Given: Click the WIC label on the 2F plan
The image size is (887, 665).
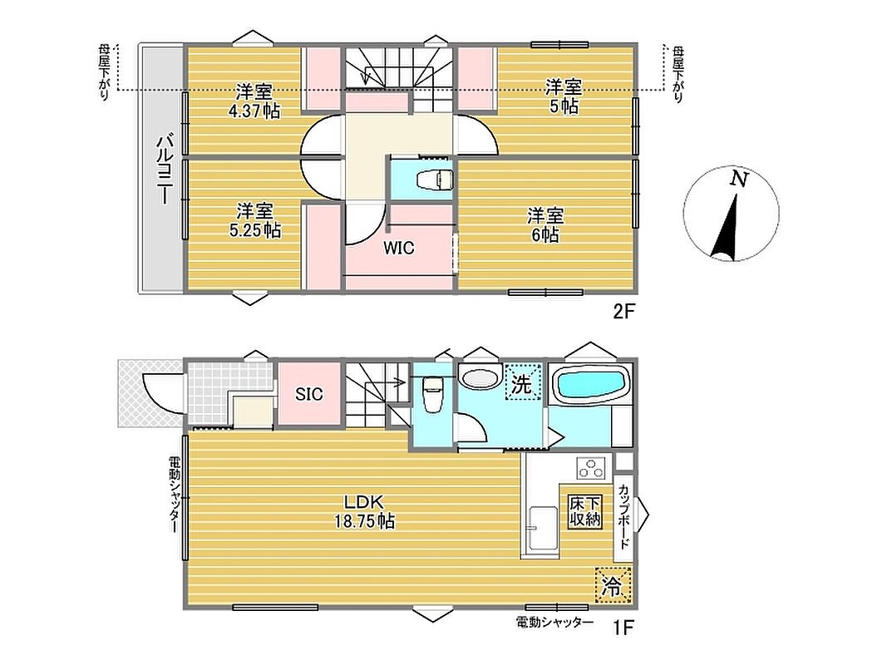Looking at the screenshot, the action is click(x=399, y=248).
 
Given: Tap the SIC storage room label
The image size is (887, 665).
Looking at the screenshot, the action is click(x=309, y=393).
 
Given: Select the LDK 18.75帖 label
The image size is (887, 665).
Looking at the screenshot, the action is click(x=364, y=511).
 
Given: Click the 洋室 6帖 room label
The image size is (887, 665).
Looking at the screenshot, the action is click(x=546, y=224).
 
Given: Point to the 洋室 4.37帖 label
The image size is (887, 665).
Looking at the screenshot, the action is click(x=254, y=101).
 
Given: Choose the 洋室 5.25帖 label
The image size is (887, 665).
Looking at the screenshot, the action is click(x=256, y=220).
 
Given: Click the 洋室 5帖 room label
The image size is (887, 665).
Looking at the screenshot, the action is click(x=564, y=96).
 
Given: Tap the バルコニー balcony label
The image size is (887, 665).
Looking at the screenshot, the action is click(x=164, y=169).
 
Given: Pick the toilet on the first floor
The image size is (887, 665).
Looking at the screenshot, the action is click(x=433, y=395).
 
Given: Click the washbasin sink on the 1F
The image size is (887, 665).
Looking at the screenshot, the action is click(x=479, y=377).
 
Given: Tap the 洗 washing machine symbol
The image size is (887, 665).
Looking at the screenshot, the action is click(x=522, y=383).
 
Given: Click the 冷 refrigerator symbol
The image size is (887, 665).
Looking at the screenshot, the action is click(x=612, y=585).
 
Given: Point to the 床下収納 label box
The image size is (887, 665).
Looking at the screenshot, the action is click(x=585, y=512).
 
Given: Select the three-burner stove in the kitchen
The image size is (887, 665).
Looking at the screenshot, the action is click(x=591, y=468).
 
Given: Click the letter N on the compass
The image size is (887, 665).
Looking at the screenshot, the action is click(x=738, y=180).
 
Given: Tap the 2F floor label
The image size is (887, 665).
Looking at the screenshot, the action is click(x=623, y=312).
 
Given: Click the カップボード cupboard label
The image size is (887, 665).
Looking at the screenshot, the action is click(x=623, y=516).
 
